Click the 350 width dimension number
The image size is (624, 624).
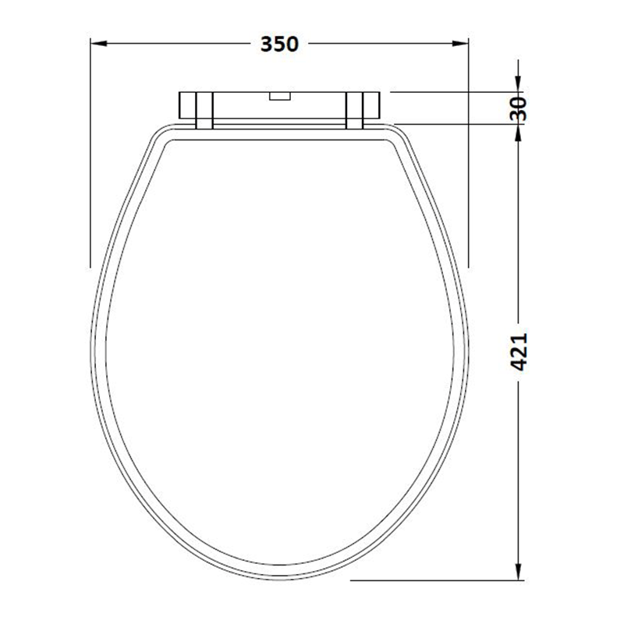[x=279, y=44]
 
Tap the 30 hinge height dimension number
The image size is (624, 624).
[x=518, y=108]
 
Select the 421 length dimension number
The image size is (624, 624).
[x=519, y=352]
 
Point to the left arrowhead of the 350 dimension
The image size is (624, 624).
[x=99, y=44]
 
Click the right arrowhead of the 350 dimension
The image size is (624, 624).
[x=460, y=44]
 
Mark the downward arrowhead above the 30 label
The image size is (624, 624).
[x=518, y=84]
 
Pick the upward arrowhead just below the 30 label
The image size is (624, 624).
[x=518, y=133]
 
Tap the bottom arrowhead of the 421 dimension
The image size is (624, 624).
[x=518, y=572]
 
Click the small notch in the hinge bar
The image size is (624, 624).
[x=280, y=96]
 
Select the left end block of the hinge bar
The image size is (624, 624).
[x=187, y=105]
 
